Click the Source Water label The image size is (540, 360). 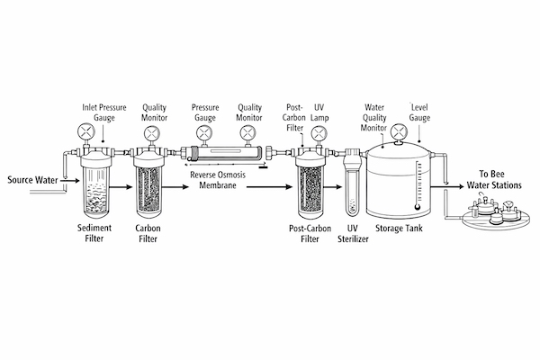[31, 179]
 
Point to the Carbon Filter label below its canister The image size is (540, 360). [149, 234]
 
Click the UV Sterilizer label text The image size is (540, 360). [354, 234]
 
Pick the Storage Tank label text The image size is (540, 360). [400, 229]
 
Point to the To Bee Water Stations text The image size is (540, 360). [488, 179]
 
